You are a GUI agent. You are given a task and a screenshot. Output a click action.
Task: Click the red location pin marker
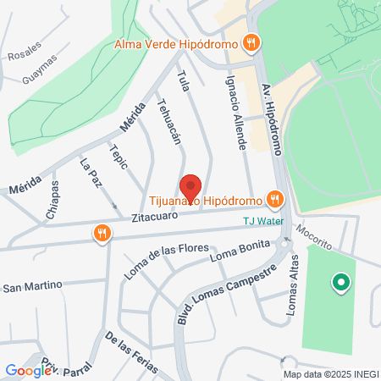coord(191,187)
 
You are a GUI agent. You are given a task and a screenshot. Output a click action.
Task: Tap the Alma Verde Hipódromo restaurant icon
coord(250,42)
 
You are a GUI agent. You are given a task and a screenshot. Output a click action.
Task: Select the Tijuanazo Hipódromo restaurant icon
coord(273,200)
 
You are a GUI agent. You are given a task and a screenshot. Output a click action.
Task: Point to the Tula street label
coord(182,82)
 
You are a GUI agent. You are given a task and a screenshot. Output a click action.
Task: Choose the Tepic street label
coord(119,156)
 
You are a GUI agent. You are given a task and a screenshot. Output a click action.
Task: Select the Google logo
coord(28,370)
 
